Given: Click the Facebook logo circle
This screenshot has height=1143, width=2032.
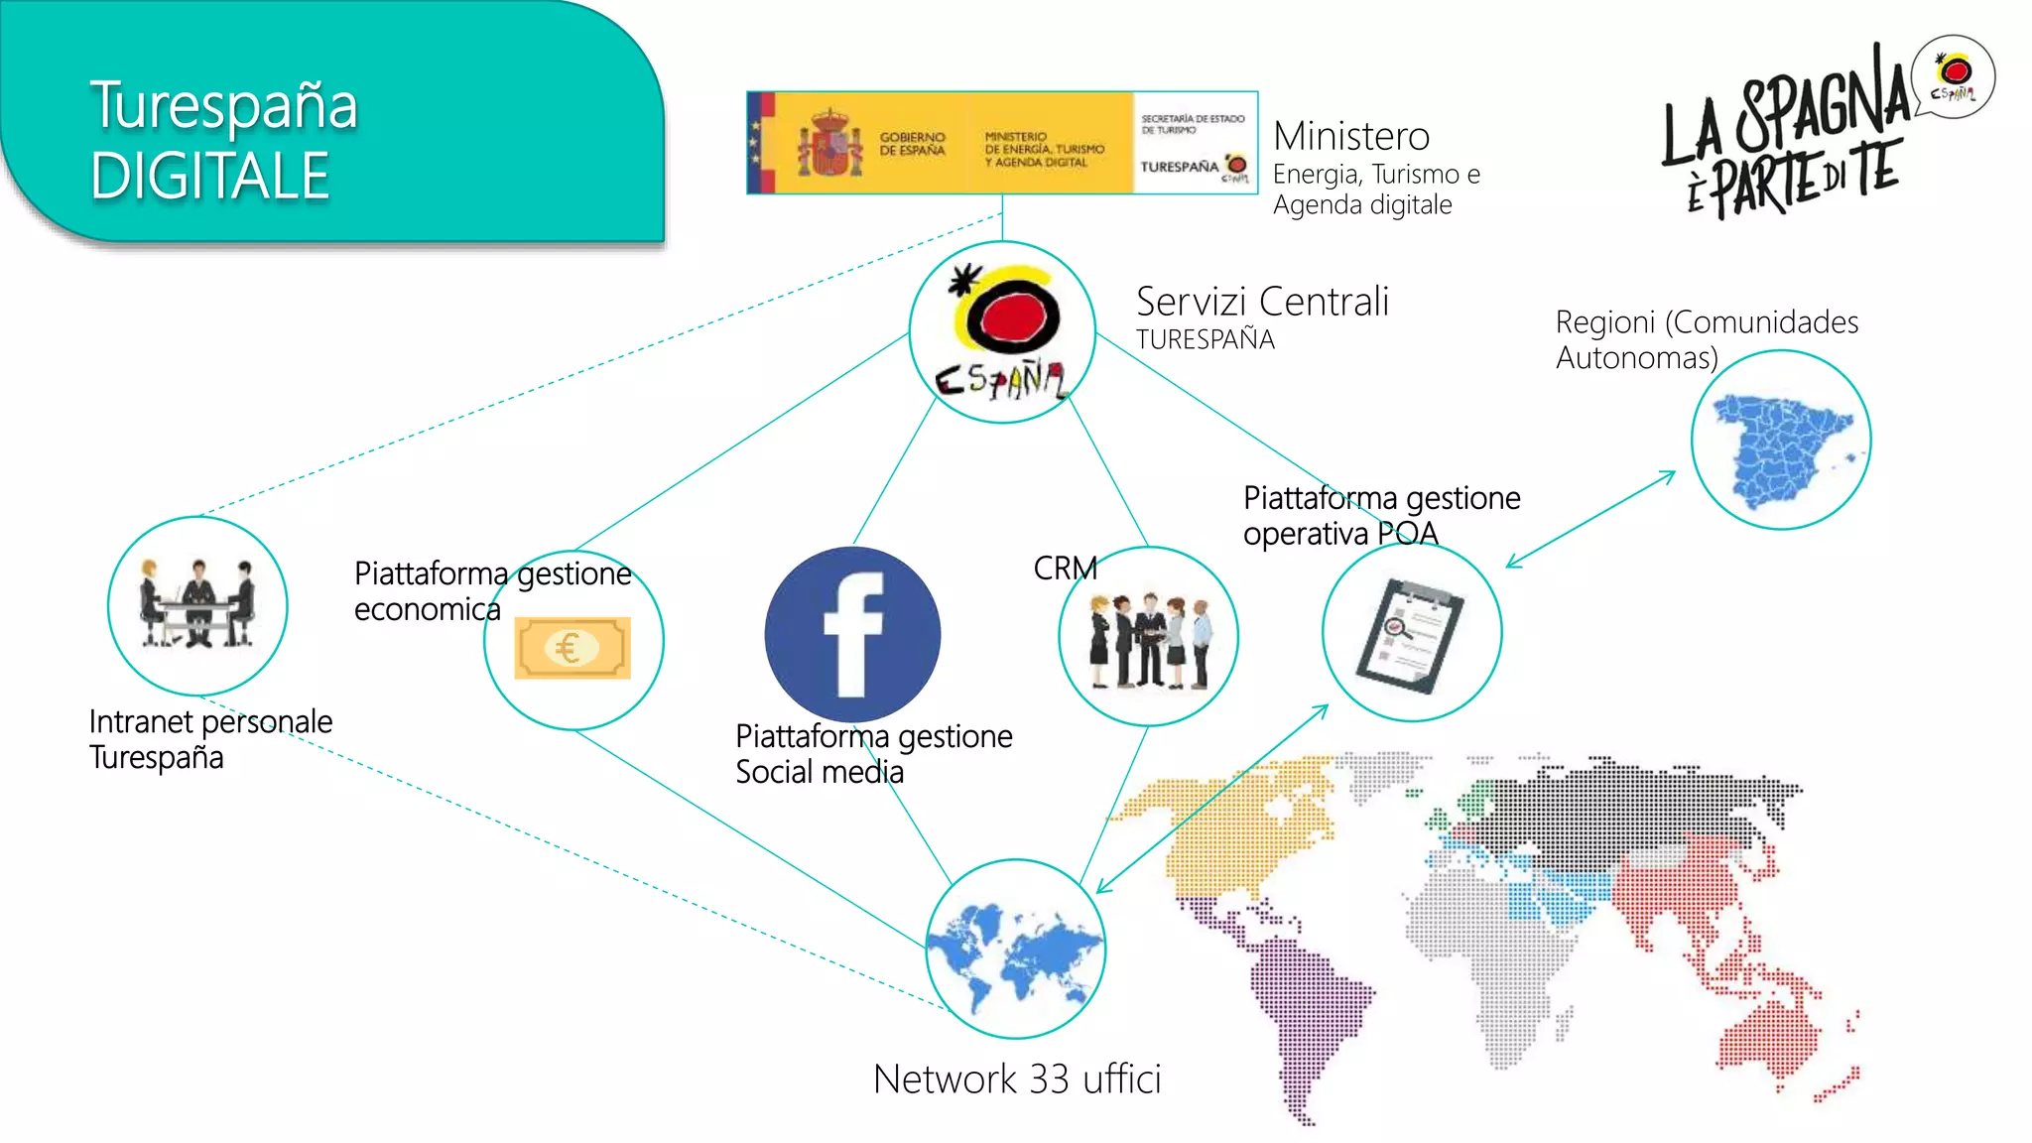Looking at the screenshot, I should click(x=852, y=634).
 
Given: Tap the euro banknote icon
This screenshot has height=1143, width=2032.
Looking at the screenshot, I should click(x=571, y=648).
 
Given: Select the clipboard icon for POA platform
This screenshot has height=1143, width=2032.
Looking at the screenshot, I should click(x=1411, y=634).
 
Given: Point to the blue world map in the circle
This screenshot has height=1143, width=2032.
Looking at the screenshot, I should click(x=1015, y=950).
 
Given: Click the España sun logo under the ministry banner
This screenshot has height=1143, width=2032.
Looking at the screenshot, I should click(x=1002, y=332).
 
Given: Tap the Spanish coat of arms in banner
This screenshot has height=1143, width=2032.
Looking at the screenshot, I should click(x=830, y=145).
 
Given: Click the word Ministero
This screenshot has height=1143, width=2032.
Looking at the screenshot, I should click(x=1351, y=136).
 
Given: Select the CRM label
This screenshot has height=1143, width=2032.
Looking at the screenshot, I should click(x=1065, y=569).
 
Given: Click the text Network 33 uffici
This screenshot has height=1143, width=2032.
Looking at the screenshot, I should click(x=1017, y=1079).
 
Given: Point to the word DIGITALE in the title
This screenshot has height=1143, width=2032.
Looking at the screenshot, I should click(x=209, y=177).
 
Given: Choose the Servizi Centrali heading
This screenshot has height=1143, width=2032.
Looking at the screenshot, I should click(x=1261, y=302).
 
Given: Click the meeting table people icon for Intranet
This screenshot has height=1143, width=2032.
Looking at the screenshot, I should click(x=197, y=604).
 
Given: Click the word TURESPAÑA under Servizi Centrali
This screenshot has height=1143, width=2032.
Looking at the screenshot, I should click(x=1205, y=339).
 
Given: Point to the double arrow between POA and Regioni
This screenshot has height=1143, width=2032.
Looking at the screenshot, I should click(x=1590, y=519).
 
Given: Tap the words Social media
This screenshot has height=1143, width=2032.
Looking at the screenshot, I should click(x=820, y=772).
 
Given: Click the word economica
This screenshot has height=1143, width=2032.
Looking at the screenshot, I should click(x=427, y=609).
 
